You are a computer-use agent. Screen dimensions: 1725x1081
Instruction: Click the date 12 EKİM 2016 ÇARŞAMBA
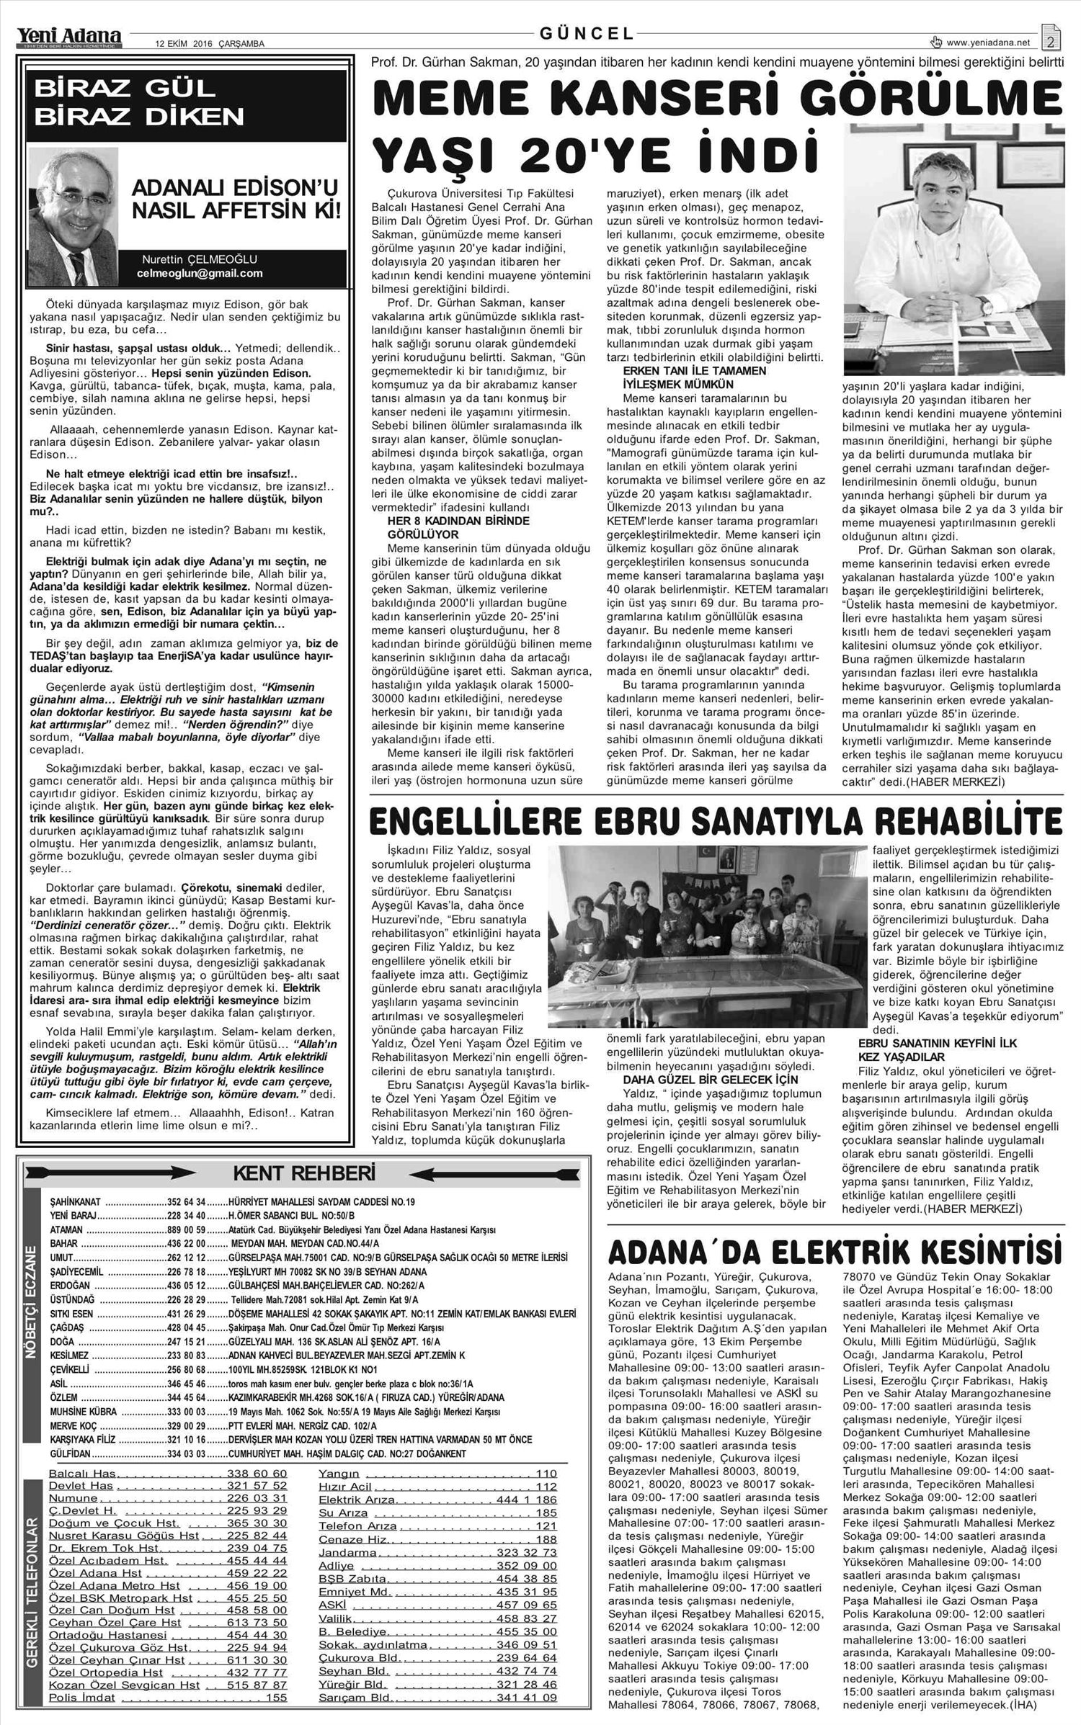210,43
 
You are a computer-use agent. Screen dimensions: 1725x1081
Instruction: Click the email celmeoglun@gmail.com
200,273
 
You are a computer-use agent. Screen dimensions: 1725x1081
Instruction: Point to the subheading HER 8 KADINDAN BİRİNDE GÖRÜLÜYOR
458,527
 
